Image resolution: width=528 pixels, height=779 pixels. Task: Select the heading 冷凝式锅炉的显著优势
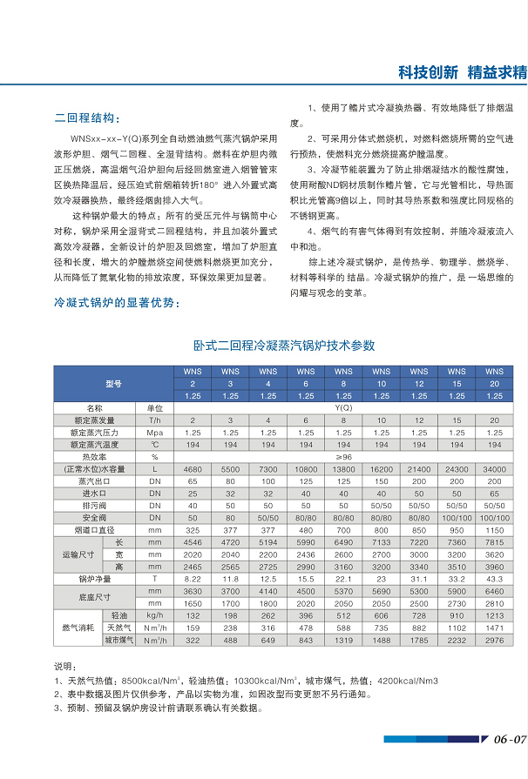117,303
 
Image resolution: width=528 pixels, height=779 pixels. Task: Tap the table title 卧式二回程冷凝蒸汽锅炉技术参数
283,346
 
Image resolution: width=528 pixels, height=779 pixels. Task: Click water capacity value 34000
494,469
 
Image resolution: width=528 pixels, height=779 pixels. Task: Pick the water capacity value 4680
193,469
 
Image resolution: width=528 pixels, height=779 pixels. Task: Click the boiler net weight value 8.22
193,578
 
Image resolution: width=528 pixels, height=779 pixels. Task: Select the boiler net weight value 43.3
494,578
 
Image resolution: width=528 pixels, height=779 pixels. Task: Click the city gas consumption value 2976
494,640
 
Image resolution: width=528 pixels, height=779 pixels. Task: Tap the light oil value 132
193,615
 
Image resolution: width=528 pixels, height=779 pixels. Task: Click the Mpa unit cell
154,432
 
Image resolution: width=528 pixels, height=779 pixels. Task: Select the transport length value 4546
193,541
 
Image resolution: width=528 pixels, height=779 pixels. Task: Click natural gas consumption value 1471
494,628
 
